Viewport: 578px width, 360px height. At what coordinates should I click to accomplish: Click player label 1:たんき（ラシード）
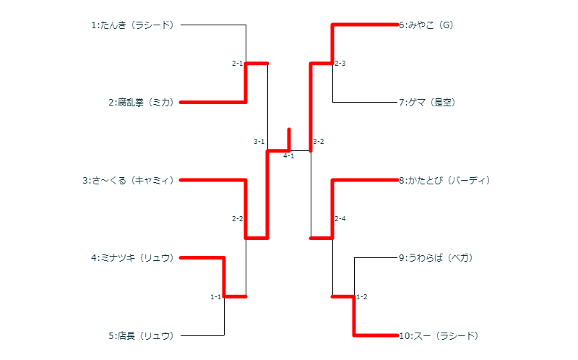(133, 25)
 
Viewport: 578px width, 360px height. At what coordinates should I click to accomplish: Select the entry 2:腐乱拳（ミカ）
(142, 103)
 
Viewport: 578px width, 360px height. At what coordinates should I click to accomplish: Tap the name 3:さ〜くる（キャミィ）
(129, 180)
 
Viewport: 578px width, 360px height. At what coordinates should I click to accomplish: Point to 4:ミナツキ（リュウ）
(133, 257)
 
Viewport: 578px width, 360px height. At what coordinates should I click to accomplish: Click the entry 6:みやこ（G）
(426, 25)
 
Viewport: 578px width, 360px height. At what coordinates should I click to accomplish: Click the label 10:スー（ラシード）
(439, 335)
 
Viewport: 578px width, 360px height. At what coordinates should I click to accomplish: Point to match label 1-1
(215, 297)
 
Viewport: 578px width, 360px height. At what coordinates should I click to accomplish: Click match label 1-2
(362, 297)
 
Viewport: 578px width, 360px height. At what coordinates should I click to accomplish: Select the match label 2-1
(237, 64)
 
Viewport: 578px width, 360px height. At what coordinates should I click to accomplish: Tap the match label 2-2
(237, 219)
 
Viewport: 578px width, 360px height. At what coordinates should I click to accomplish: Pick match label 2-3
(340, 64)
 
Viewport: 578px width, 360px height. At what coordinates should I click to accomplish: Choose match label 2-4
(340, 219)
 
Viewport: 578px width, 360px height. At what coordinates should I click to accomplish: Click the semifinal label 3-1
(259, 142)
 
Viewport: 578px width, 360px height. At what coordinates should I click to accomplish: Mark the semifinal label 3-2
(319, 142)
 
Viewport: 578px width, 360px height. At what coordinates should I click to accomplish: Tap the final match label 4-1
(288, 156)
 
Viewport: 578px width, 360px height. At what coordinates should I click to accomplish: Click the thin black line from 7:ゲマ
(365, 103)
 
